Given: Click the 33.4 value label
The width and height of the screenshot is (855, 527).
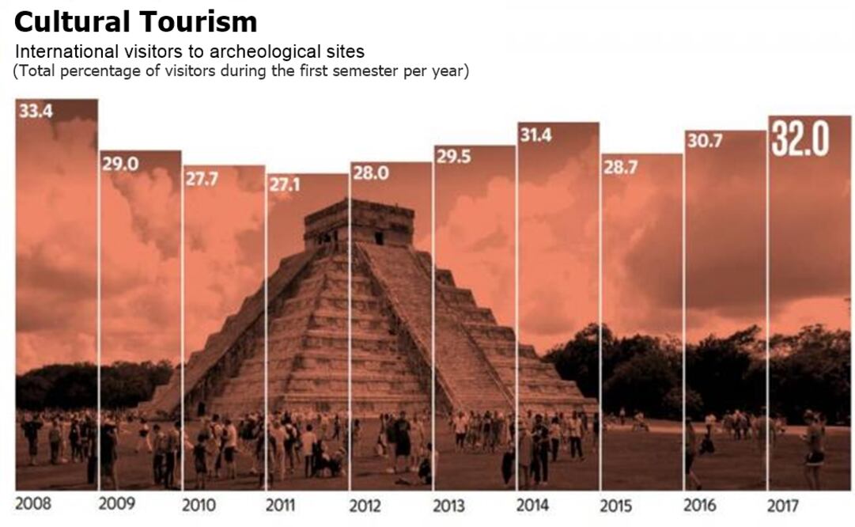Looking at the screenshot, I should pos(36,112).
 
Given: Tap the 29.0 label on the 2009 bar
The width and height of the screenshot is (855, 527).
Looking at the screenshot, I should pos(119,164).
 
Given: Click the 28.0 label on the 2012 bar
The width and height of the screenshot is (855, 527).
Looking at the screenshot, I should pos(370,174).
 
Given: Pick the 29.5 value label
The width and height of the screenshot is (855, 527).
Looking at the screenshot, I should pos(453,157).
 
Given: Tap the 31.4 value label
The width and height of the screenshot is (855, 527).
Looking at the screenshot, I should pos(536,135).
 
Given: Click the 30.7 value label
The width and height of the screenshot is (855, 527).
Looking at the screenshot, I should pos(704,143).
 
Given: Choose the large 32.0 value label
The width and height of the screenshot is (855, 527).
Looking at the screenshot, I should pos(800,139).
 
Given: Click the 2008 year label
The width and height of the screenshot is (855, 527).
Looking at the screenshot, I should pos(34,504).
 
